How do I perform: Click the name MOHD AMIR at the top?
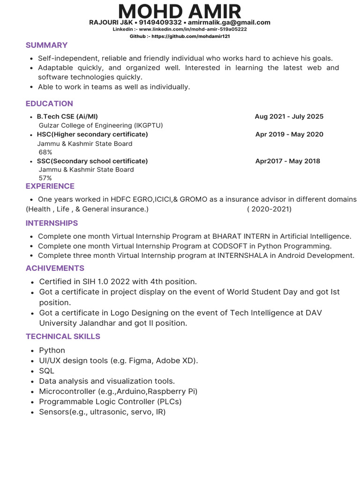tap(180, 11)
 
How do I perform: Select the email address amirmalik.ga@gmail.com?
tap(229, 22)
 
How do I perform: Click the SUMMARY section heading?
tap(46, 45)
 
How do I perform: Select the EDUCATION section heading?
tap(49, 104)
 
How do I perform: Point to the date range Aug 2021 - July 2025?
tap(289, 116)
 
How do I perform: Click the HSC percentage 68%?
tap(45, 152)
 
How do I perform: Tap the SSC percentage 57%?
tap(45, 178)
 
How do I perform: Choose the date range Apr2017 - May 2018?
tap(287, 161)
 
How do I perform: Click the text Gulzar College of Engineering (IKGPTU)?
tap(101, 125)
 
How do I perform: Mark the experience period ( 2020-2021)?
tap(269, 209)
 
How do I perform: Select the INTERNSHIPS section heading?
tap(52, 223)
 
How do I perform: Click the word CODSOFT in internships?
tap(230, 246)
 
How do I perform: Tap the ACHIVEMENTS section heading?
tap(55, 268)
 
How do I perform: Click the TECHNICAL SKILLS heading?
tap(63, 337)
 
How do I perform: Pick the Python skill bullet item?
tap(52, 350)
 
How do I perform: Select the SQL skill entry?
tap(46, 371)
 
